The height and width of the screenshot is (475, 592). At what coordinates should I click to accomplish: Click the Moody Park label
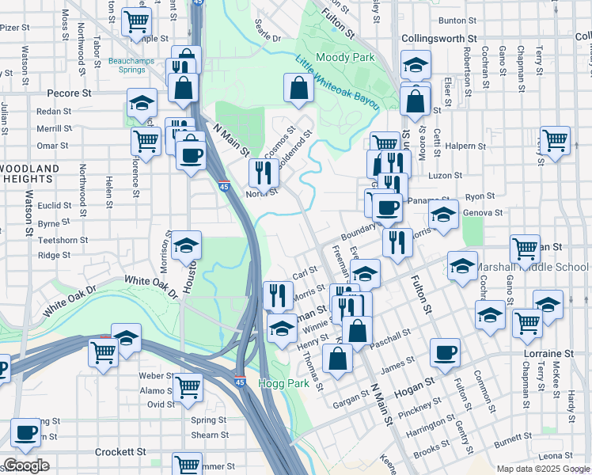[x=345, y=58]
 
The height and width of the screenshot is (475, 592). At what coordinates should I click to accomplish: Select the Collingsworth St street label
[x=439, y=38]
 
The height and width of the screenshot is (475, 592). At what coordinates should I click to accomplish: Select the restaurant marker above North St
[x=264, y=171]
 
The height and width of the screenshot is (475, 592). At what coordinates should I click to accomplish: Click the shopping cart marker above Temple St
[x=137, y=21]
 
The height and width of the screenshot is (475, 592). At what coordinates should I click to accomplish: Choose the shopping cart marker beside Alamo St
[x=188, y=387]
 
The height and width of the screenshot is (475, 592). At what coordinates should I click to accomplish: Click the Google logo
[x=26, y=465]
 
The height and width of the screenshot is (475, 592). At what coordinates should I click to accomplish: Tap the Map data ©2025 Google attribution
[x=542, y=469]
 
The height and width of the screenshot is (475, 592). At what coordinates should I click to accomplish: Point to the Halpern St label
[x=466, y=146]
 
